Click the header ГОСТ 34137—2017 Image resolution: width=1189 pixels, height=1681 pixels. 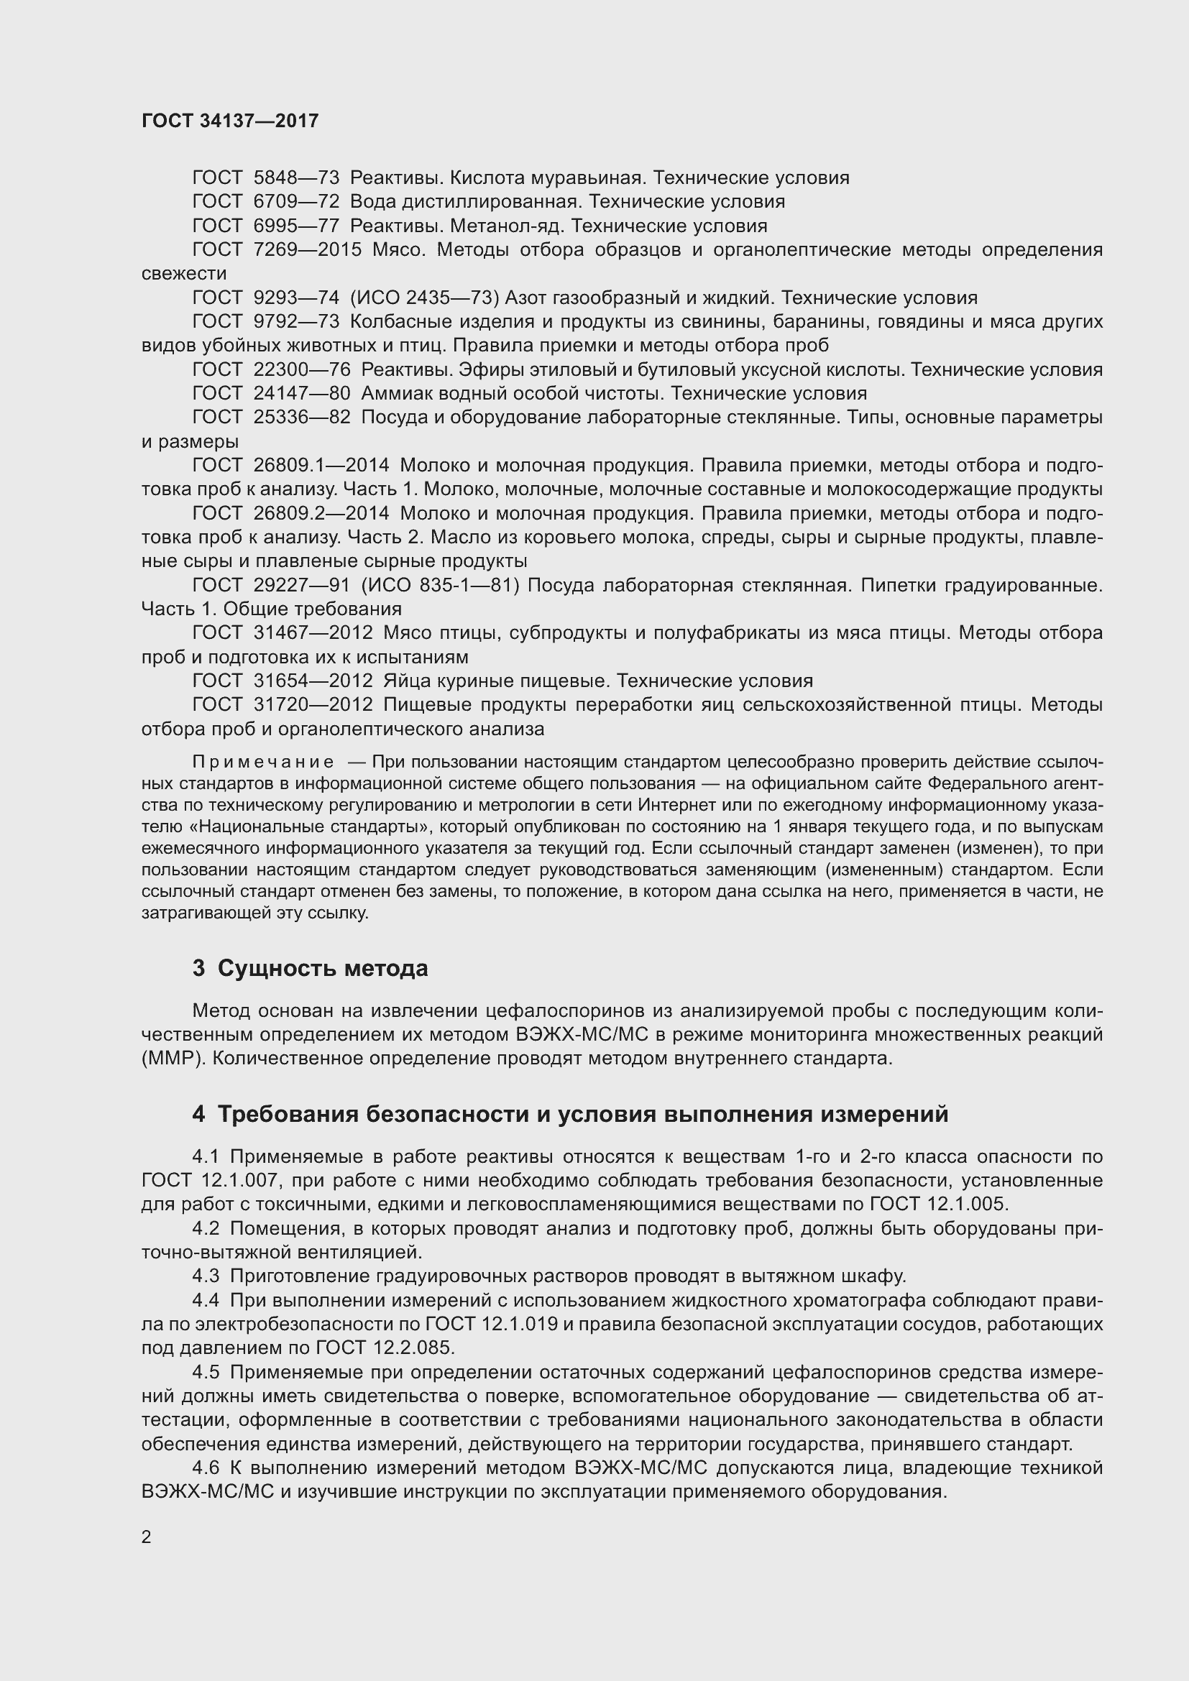[230, 121]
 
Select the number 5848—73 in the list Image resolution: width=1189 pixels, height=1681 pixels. [295, 178]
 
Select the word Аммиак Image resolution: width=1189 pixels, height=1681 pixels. [393, 394]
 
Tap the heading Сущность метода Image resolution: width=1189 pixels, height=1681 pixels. [323, 969]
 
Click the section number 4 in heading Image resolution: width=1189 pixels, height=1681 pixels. [198, 1115]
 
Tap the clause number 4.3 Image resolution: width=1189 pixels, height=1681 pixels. [206, 1276]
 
